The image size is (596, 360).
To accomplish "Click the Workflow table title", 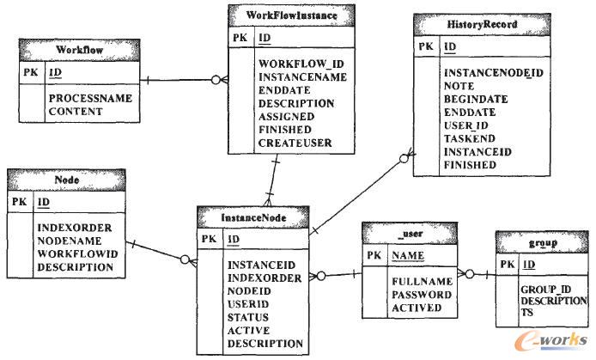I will [80, 51].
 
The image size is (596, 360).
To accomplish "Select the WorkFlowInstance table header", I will [292, 15].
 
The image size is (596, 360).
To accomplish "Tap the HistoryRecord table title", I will [477, 25].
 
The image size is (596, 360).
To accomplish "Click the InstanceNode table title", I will [253, 218].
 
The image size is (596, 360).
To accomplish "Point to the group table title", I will [541, 244].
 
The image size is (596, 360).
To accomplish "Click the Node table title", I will [67, 180].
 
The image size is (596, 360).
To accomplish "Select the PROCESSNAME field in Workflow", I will [89, 98].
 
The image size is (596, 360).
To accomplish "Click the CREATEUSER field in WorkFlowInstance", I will [295, 143].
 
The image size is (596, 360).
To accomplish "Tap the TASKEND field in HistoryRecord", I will [469, 137].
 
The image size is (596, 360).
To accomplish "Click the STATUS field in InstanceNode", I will [248, 317].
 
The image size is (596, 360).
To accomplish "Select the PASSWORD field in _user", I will [422, 295].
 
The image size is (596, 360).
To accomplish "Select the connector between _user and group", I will [479, 275].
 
